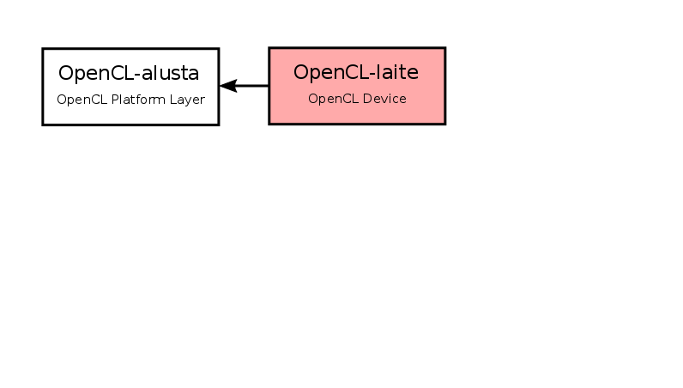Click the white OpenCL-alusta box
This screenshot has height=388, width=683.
click(130, 87)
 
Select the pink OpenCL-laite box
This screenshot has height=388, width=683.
click(357, 86)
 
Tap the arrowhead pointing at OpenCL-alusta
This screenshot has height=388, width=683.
click(228, 86)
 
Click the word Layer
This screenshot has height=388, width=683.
click(187, 100)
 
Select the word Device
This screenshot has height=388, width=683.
click(384, 99)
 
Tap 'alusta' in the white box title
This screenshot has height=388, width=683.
click(170, 73)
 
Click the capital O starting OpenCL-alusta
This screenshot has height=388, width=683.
click(65, 73)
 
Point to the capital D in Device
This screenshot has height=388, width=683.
click(367, 99)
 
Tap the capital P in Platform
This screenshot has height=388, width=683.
click(115, 100)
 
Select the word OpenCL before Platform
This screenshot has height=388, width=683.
click(82, 100)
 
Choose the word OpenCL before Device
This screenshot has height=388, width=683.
click(333, 99)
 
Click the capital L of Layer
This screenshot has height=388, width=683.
click(173, 100)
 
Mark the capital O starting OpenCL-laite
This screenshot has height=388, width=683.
click(300, 72)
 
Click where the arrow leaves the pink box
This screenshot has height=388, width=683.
click(269, 86)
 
